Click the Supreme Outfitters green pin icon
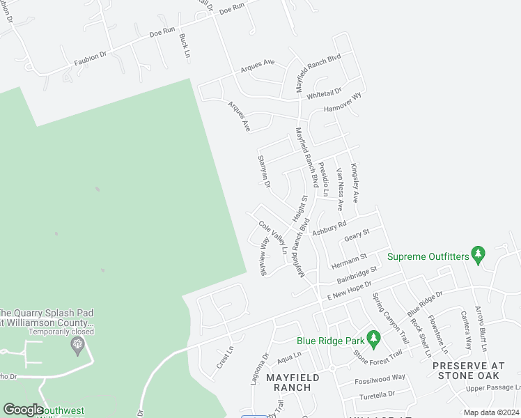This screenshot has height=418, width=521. click(x=478, y=255)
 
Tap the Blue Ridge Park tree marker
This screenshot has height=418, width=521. click(x=374, y=339)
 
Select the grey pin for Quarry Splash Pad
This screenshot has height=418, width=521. click(x=77, y=345)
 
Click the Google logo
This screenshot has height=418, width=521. click(x=24, y=410)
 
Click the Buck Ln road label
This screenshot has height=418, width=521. click(x=184, y=45)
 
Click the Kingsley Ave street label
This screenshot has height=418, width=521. click(x=355, y=183)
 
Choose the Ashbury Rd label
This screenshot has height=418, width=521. click(x=329, y=228)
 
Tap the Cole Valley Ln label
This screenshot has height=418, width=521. click(x=274, y=237)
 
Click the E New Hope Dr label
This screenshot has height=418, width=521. click(x=346, y=291)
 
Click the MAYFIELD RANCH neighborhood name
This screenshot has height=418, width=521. click(x=293, y=382)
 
